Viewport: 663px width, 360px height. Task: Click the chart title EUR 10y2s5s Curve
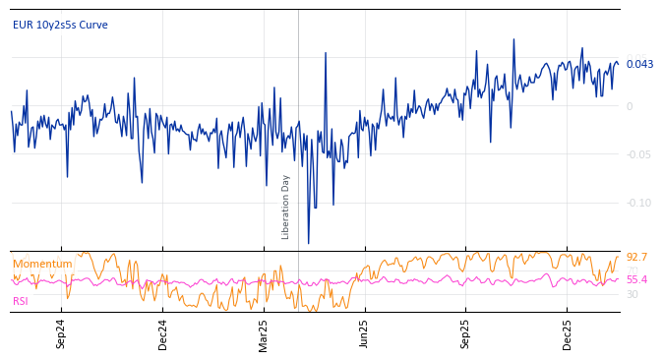click(x=60, y=25)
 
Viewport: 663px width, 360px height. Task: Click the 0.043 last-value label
click(x=639, y=64)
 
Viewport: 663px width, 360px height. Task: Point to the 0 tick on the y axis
click(x=630, y=106)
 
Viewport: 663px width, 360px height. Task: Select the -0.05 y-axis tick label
click(x=638, y=154)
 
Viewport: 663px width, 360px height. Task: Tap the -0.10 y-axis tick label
click(x=638, y=203)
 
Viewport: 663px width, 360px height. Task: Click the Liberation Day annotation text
click(x=286, y=207)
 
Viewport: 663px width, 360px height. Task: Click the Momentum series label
click(x=42, y=264)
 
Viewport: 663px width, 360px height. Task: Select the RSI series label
click(x=21, y=301)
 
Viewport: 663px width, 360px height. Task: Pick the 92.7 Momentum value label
click(x=636, y=257)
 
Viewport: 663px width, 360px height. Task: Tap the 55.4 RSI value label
click(x=636, y=279)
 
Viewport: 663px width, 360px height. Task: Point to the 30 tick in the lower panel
click(x=633, y=294)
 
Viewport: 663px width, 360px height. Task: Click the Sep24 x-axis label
click(x=61, y=333)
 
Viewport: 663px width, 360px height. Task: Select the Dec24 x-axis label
click(x=163, y=333)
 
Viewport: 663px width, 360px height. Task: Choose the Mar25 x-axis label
click(x=264, y=333)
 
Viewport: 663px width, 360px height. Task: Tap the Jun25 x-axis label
click(x=364, y=333)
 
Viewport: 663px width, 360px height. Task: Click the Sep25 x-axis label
click(x=466, y=333)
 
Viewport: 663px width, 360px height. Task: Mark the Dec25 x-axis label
click(x=568, y=333)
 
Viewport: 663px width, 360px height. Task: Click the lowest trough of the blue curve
click(x=308, y=243)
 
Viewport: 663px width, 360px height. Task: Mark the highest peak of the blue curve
click(x=513, y=39)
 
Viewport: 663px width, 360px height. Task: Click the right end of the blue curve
click(x=619, y=64)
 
